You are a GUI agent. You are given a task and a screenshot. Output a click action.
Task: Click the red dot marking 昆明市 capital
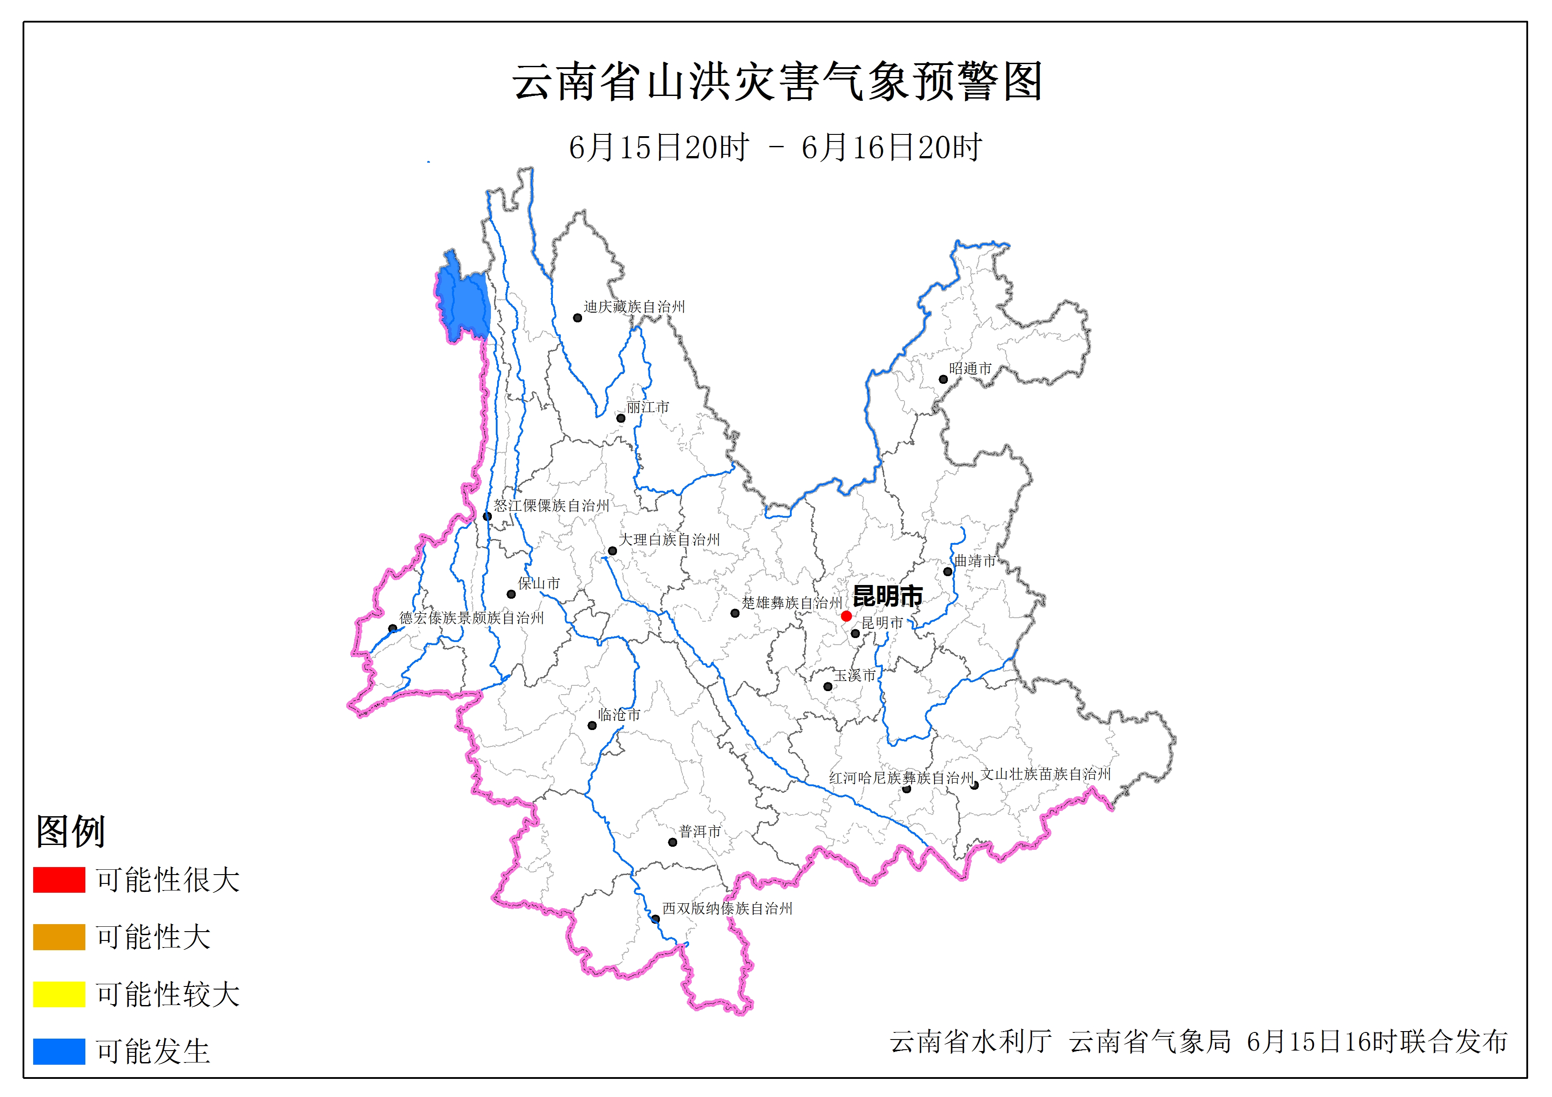pyautogui.click(x=846, y=616)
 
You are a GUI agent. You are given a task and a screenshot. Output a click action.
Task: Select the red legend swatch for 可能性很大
pyautogui.click(x=59, y=879)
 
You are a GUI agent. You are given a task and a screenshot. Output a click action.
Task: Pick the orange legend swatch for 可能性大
pyautogui.click(x=59, y=937)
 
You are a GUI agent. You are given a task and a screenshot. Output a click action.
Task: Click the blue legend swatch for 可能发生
pyautogui.click(x=59, y=1051)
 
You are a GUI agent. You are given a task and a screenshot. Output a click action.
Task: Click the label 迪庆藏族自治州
pyautogui.click(x=634, y=307)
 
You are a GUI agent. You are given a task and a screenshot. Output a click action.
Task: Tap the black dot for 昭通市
pyautogui.click(x=943, y=379)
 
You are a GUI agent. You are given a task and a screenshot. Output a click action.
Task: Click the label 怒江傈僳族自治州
pyautogui.click(x=551, y=505)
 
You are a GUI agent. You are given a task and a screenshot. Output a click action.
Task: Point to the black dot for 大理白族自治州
pyautogui.click(x=613, y=551)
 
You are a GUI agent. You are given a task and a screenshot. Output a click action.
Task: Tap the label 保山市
pyautogui.click(x=539, y=583)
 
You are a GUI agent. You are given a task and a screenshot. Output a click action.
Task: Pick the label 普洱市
pyautogui.click(x=700, y=831)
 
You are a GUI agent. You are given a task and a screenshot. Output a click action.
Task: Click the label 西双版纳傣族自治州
pyautogui.click(x=727, y=909)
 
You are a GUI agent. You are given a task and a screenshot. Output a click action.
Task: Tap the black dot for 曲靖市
pyautogui.click(x=948, y=572)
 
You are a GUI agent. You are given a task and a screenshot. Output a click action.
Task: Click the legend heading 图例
pyautogui.click(x=70, y=831)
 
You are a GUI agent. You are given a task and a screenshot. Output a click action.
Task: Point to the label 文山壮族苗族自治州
pyautogui.click(x=1046, y=774)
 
